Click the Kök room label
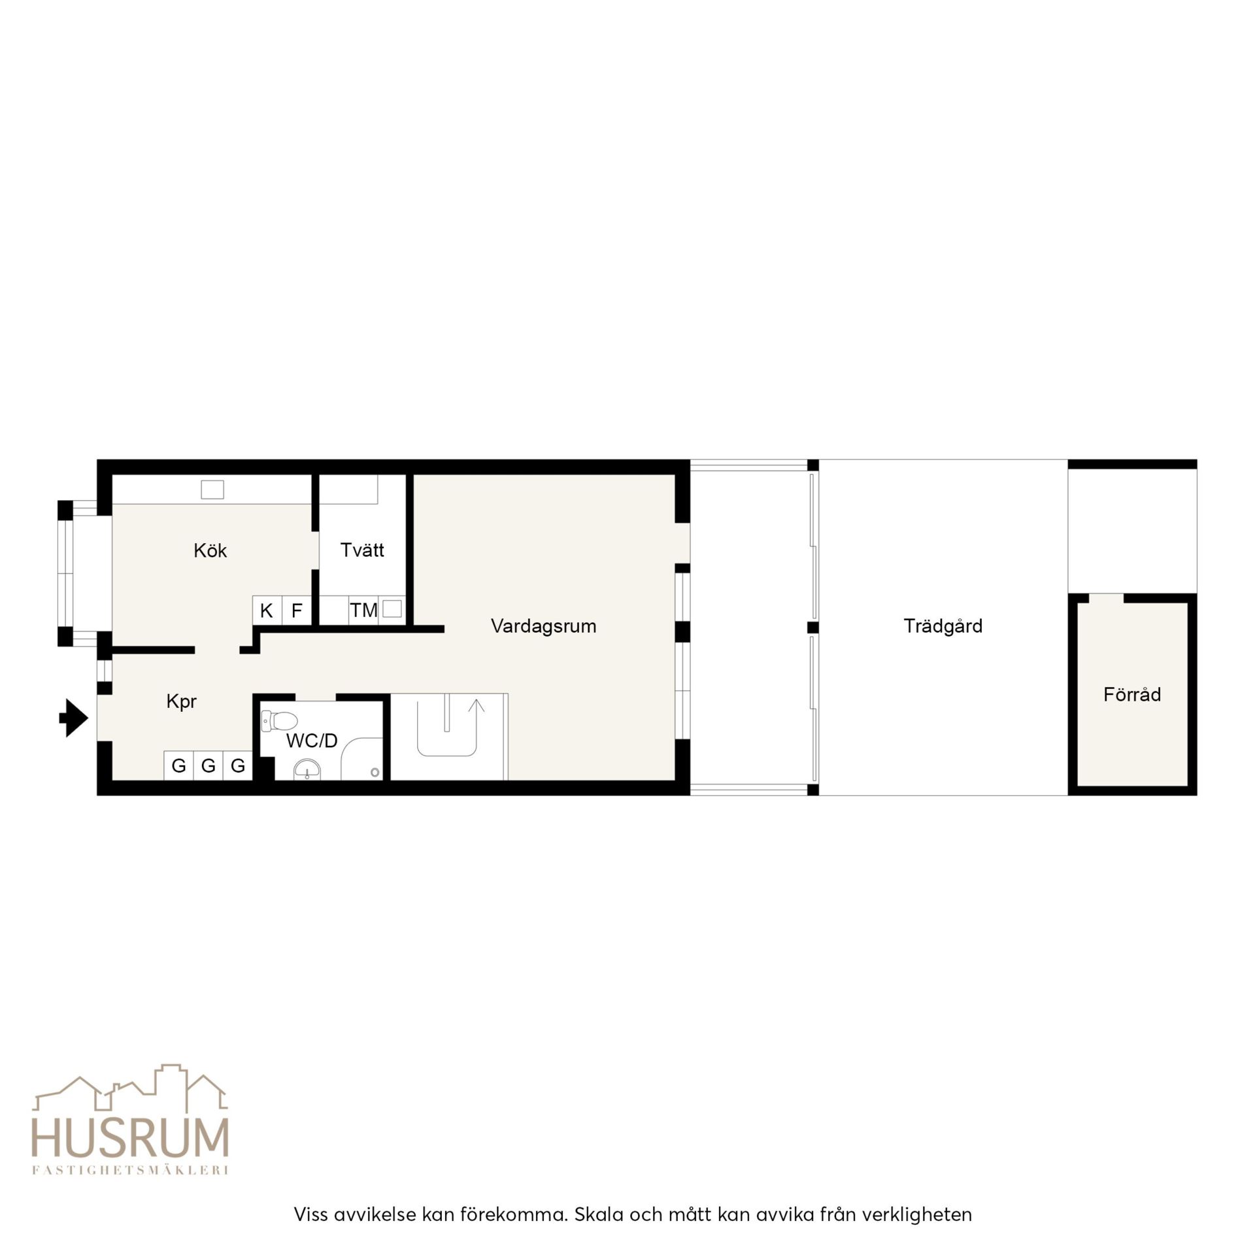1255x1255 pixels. point(210,550)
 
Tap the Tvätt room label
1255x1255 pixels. point(362,550)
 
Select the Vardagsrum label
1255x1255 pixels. point(543,626)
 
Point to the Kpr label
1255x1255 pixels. point(181,702)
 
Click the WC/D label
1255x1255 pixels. point(312,741)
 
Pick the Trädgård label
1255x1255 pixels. point(943,626)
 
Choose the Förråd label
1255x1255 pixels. point(1132,694)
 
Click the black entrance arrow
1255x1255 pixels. point(73,718)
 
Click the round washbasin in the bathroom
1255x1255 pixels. point(307,770)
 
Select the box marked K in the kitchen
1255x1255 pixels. point(267,611)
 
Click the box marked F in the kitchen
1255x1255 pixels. point(297,611)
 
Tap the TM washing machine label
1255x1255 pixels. point(363,611)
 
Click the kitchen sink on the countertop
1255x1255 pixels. point(212,489)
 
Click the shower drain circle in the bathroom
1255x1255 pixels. point(375,773)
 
